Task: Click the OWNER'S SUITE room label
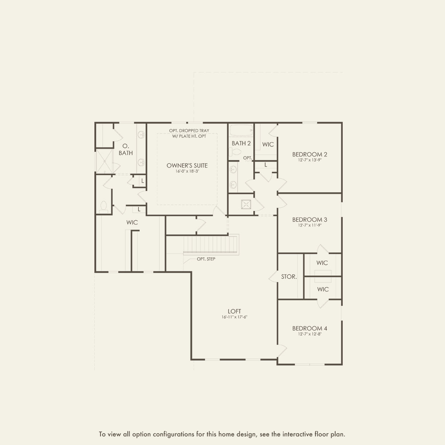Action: [187, 165]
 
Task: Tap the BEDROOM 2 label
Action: [310, 154]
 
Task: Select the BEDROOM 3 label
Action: [310, 220]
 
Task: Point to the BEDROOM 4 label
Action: [310, 328]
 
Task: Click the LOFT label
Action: [234, 311]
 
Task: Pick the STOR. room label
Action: [289, 277]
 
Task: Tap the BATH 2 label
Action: [241, 144]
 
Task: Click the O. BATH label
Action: [126, 149]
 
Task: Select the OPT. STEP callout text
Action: [206, 259]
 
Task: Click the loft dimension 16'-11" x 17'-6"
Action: [234, 317]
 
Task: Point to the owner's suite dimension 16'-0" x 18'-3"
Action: [187, 171]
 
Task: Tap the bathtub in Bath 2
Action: [241, 131]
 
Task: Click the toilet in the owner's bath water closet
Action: [104, 207]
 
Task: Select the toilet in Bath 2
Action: [235, 152]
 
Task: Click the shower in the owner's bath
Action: [105, 161]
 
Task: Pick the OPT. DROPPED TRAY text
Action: [189, 131]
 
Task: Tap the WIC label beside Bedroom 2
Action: [268, 145]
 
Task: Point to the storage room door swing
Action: [273, 276]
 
